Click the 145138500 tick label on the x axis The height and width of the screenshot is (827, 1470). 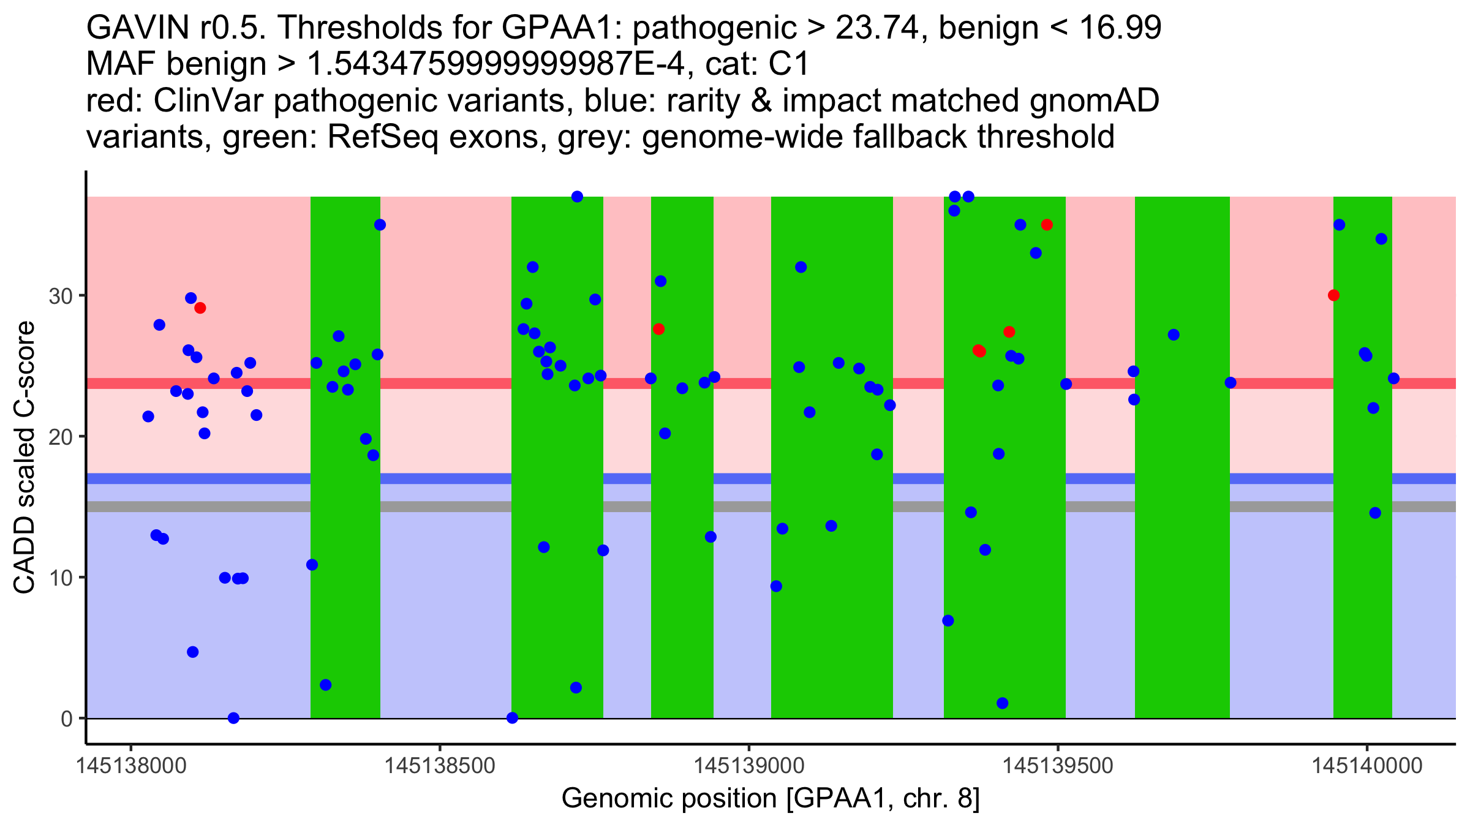(x=439, y=766)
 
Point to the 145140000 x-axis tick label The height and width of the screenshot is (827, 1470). (x=1366, y=766)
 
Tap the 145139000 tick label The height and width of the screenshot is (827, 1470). (x=748, y=766)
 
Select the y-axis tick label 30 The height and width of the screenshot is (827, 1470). (x=60, y=296)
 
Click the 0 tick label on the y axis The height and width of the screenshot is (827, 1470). (x=67, y=719)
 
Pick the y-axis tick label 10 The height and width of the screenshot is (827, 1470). (x=60, y=578)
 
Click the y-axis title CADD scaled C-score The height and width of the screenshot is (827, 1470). (x=24, y=458)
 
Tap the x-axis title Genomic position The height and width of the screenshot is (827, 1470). (x=771, y=798)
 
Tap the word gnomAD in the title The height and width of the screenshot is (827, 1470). (x=1094, y=100)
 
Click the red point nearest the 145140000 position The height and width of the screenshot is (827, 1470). (x=1333, y=295)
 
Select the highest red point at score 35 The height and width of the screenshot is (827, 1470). (x=1047, y=225)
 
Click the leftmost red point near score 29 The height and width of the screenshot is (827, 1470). (x=200, y=308)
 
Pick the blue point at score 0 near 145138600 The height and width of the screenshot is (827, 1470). (x=513, y=718)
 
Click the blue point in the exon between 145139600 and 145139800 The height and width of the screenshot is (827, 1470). (x=1174, y=334)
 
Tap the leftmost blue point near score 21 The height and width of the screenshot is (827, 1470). (x=148, y=417)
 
